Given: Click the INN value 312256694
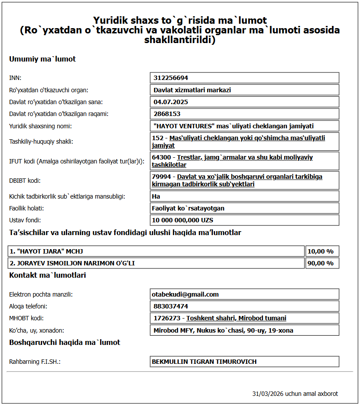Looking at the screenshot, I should click(171, 78).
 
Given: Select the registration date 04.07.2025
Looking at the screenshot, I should click(171, 102).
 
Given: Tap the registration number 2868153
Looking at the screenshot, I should click(167, 114).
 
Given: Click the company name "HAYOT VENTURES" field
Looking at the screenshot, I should click(234, 126).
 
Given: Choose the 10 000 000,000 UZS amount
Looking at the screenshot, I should click(183, 220).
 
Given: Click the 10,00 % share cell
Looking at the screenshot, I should click(320, 251).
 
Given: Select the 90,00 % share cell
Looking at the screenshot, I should click(320, 263).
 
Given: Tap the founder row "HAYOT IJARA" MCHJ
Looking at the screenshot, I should click(47, 251).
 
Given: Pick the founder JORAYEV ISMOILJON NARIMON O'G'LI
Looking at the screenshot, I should click(72, 263).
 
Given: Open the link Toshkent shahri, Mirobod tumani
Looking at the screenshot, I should click(236, 318).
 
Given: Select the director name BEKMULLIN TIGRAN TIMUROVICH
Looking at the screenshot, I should click(204, 362).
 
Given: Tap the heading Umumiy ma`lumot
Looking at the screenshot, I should click(42, 59).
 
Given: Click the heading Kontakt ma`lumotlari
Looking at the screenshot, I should click(47, 275).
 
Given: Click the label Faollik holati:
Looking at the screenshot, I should click(27, 208).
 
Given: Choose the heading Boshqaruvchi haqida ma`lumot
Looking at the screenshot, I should click(65, 342).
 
